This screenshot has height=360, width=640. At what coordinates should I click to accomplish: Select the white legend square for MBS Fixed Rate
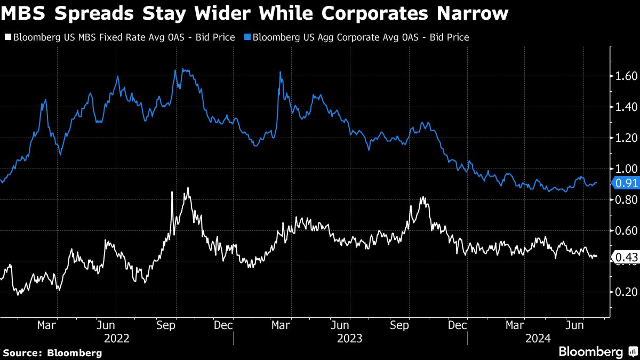[x=7, y=37]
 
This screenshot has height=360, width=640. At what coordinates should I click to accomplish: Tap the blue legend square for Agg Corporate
[x=247, y=37]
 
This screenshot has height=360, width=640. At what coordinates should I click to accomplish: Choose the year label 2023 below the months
[x=349, y=338]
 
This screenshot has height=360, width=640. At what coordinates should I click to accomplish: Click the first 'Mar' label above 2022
[x=47, y=324]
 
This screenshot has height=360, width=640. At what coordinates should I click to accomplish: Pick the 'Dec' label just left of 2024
[x=457, y=324]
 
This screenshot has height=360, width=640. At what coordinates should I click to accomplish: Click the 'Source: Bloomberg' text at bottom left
[x=52, y=353]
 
